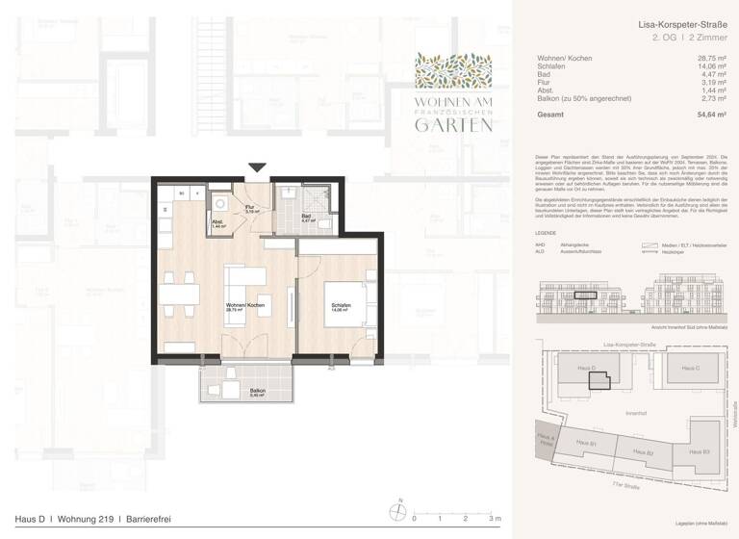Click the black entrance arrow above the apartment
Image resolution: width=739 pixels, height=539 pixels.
pyautogui.click(x=256, y=169)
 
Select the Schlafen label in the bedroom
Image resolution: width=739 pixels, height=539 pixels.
pyautogui.click(x=330, y=305)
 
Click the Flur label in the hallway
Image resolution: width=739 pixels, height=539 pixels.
pyautogui.click(x=249, y=208)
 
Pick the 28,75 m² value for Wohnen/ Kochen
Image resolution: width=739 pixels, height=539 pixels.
pyautogui.click(x=710, y=59)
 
